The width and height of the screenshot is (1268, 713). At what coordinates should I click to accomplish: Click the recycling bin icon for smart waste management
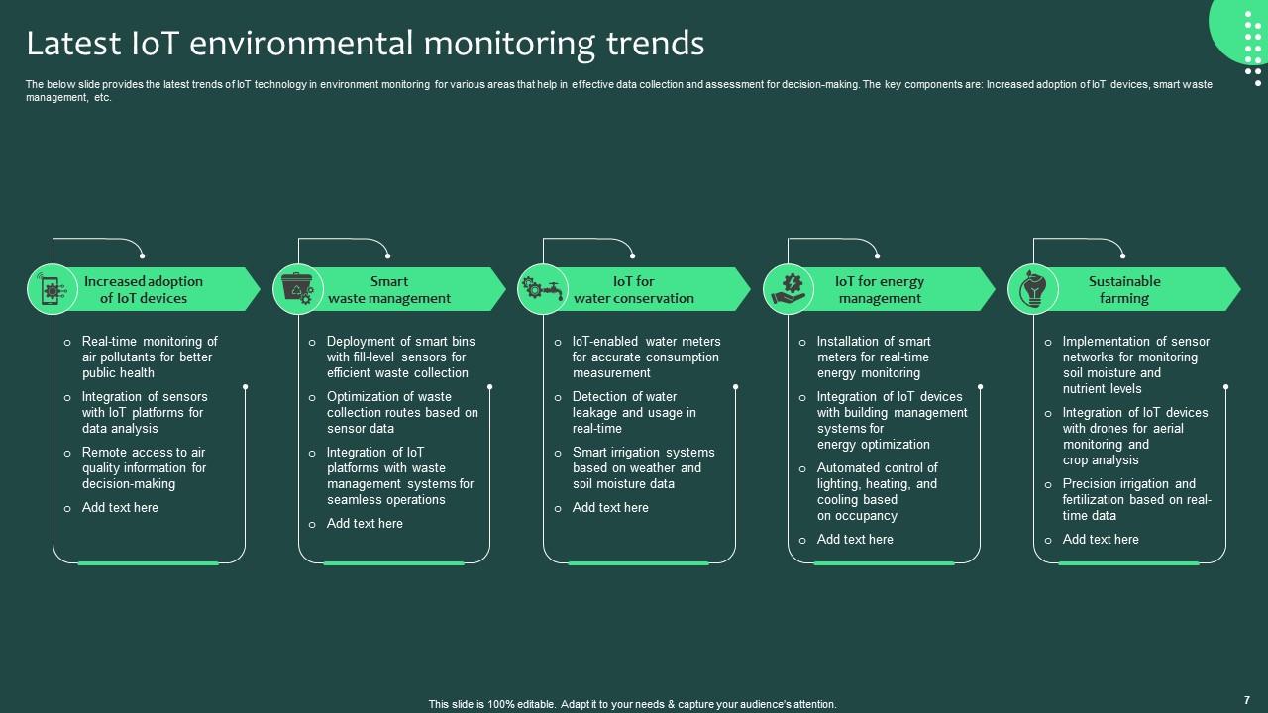pyautogui.click(x=297, y=289)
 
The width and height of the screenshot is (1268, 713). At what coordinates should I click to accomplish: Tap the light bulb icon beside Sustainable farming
pyautogui.click(x=1032, y=289)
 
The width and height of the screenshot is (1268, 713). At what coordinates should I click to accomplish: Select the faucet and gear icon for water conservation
pyautogui.click(x=542, y=289)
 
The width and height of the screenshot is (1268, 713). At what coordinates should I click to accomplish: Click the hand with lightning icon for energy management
pyautogui.click(x=788, y=289)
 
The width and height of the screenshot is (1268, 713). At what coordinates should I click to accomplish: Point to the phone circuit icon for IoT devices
pyautogui.click(x=52, y=289)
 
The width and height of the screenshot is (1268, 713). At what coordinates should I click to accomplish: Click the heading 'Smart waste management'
pyautogui.click(x=389, y=289)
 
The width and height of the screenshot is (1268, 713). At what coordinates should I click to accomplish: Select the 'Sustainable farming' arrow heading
pyautogui.click(x=1124, y=289)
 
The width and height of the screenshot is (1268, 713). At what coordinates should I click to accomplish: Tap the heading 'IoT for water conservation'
pyautogui.click(x=634, y=289)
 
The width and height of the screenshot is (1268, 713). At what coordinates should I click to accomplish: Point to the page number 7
pyautogui.click(x=1246, y=699)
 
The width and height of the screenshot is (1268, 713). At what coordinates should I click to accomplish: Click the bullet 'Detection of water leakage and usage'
pyautogui.click(x=634, y=412)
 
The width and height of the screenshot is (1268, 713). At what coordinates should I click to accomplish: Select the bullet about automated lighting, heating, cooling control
pyautogui.click(x=877, y=491)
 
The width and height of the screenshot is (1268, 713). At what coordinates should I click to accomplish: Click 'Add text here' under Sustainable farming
pyautogui.click(x=1101, y=540)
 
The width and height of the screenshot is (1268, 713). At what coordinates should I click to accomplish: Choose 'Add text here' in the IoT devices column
pyautogui.click(x=120, y=508)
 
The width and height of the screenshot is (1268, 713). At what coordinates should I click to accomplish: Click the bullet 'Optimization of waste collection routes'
pyautogui.click(x=402, y=412)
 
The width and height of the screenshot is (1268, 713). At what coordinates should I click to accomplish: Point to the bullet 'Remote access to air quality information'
pyautogui.click(x=144, y=467)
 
